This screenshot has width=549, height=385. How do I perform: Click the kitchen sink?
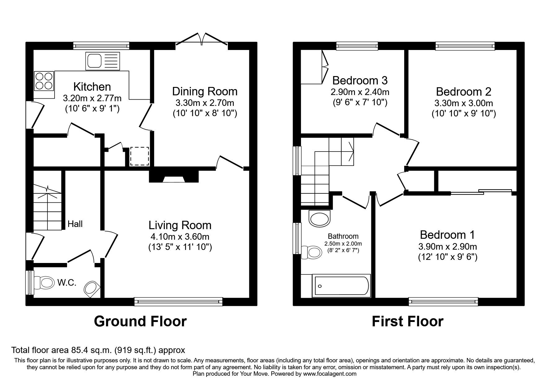coord(102,61)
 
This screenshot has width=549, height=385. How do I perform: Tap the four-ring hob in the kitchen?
coord(44,81)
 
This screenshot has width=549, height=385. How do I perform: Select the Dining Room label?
coord(205,91)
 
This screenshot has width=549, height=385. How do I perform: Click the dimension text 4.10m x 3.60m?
coord(180,237)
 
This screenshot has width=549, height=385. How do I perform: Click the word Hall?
coord(75,224)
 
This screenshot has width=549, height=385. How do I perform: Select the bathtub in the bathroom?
coord(342,286)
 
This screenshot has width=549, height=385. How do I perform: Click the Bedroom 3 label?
coord(360,80)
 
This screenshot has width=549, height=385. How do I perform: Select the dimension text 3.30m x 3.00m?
coord(463,103)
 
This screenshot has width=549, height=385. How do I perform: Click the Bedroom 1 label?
coord(447,235)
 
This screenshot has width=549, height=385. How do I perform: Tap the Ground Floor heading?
coord(140,321)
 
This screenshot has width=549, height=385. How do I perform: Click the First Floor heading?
coord(407,321)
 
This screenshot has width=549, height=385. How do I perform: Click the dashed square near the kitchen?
coord(140,156)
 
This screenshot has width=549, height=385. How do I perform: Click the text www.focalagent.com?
coord(330,374)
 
